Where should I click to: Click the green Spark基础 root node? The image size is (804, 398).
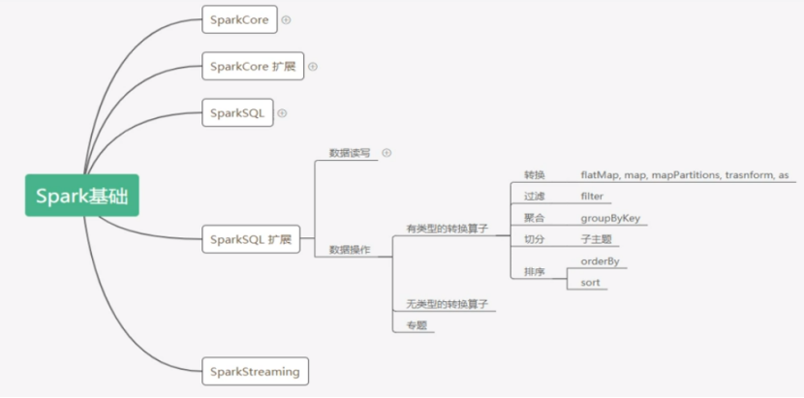pos(82,197)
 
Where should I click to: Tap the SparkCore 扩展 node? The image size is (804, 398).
pos(253,67)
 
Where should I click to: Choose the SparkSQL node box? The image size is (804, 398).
pos(236,113)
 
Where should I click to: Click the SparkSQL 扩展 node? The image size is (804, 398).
pos(250,238)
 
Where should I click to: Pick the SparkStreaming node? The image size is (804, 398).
pos(255,371)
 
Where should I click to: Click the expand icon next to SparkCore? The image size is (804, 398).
pos(286,19)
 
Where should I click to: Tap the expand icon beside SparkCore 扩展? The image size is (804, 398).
pos(312,67)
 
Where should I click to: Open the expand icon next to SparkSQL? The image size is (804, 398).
pos(282,113)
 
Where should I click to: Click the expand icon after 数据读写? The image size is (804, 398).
pos(387,152)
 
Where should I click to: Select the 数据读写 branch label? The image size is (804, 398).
pos(350,153)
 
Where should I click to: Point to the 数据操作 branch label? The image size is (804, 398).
pos(350,249)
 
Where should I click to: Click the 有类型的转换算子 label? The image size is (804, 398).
pos(447,229)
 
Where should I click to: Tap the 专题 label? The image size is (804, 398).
pos(417,325)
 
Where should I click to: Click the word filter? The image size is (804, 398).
pos(592,197)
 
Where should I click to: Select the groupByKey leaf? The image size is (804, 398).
pos(610,218)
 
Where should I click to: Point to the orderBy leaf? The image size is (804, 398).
pos(601,260)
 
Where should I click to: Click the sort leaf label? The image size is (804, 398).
pos(590,283)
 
